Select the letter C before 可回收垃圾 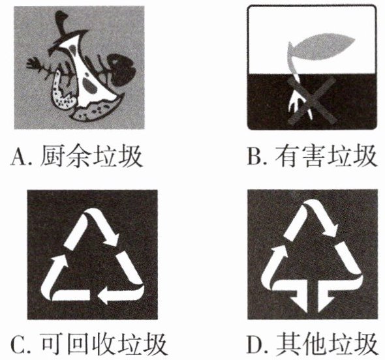[x=18, y=344]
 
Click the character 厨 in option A [x=52, y=156]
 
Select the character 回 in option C [x=78, y=343]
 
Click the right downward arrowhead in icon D [x=326, y=303]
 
